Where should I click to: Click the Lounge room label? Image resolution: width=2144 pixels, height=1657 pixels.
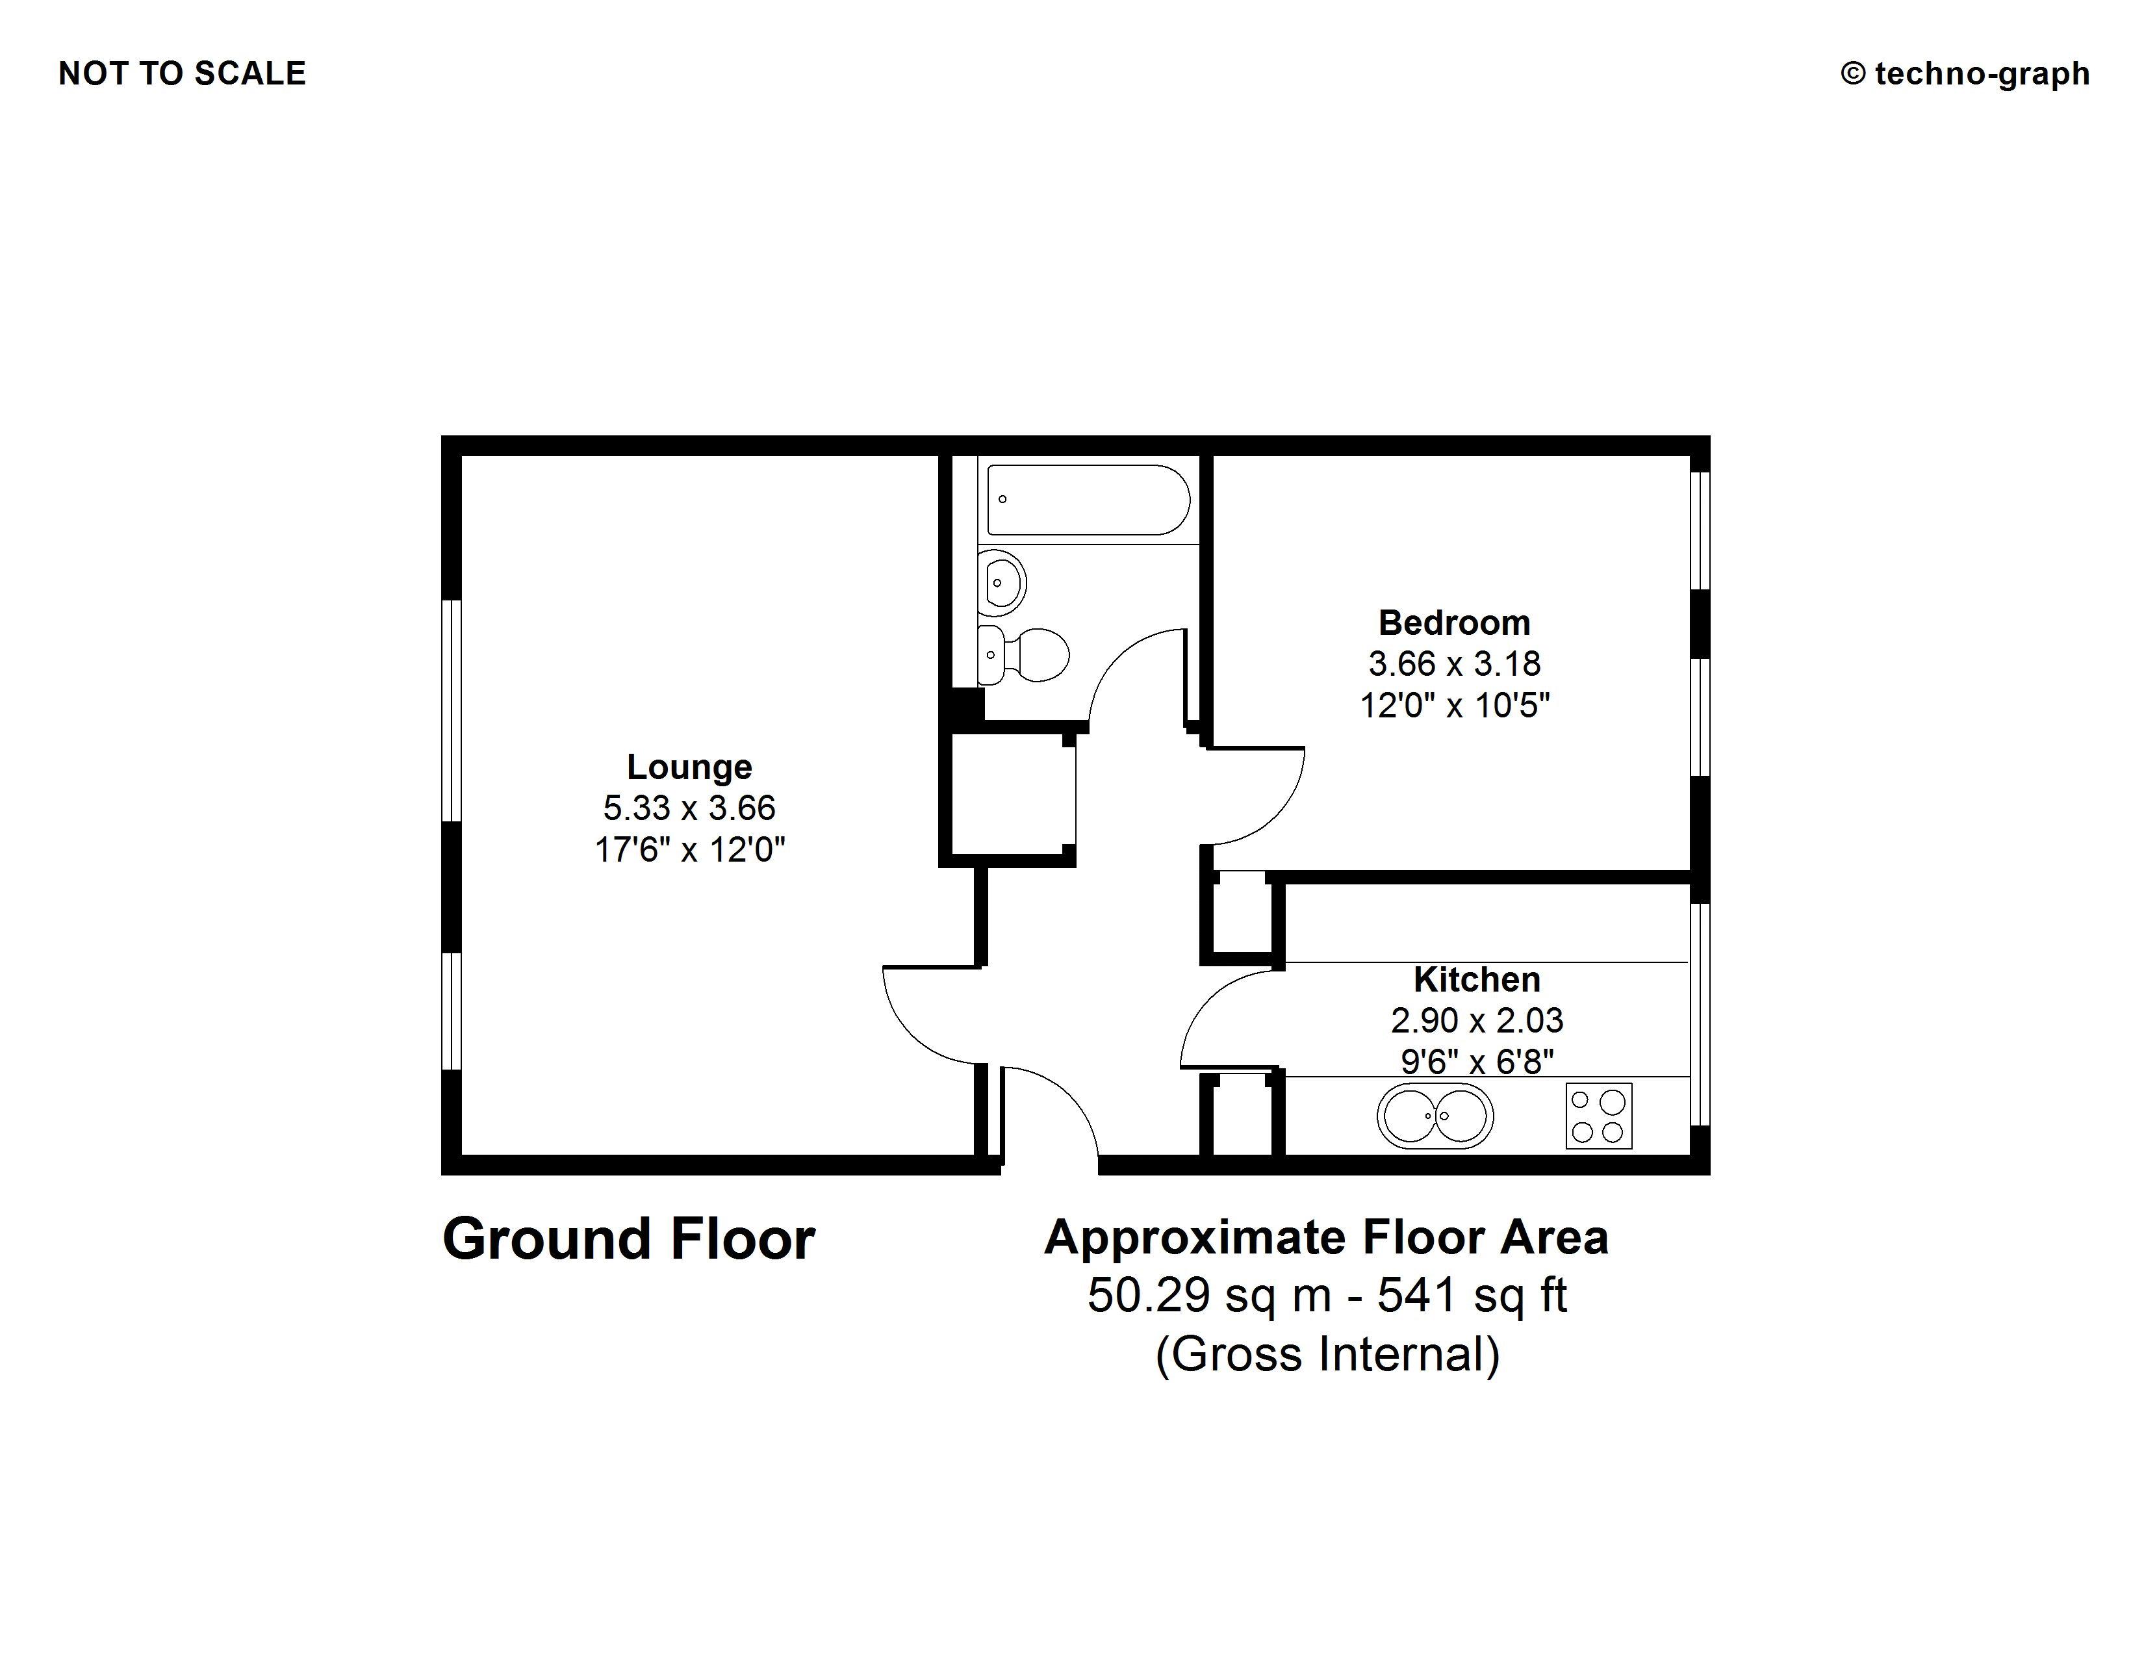[x=689, y=767]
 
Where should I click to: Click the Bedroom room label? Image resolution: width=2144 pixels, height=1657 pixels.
[x=1454, y=623]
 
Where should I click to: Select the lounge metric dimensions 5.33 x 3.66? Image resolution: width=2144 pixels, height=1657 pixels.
[x=689, y=808]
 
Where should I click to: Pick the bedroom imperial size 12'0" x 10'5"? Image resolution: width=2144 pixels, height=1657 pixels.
[x=1454, y=705]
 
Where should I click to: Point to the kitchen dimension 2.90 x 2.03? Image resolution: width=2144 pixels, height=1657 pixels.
[x=1477, y=1020]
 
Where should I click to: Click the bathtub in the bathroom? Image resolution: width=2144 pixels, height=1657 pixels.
[x=1088, y=500]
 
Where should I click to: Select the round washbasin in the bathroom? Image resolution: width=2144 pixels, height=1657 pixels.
[x=1001, y=582]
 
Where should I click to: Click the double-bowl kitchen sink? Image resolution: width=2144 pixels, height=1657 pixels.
[x=1435, y=1116]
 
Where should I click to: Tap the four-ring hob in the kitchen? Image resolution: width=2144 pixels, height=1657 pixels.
[x=1598, y=1116]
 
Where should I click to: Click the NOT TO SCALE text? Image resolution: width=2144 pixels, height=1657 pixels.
[x=183, y=73]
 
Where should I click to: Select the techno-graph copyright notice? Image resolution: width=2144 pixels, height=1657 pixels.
[x=1965, y=73]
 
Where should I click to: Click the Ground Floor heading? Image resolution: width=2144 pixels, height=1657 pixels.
[x=628, y=1239]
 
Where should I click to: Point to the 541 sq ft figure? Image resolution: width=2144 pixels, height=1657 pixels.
[x=1472, y=1296]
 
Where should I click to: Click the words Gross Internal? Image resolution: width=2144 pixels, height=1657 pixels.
[x=1327, y=1355]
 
